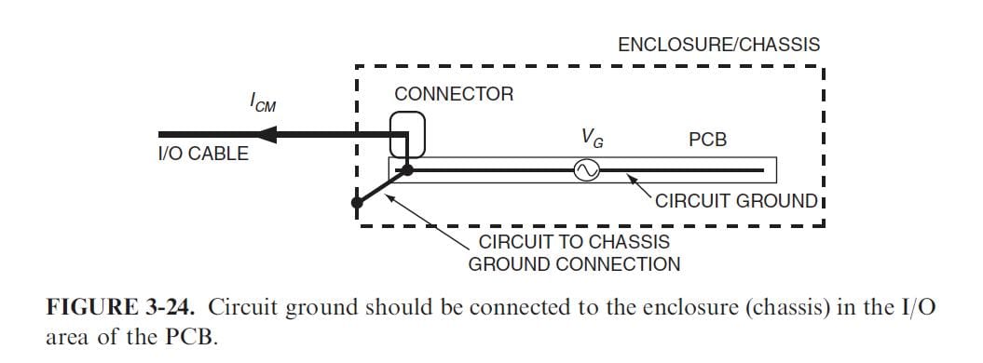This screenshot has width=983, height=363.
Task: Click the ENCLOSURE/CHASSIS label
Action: (x=718, y=45)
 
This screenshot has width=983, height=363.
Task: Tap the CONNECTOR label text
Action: (x=454, y=95)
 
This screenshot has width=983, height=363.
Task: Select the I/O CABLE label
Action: (x=203, y=155)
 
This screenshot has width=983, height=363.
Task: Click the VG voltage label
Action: (x=591, y=138)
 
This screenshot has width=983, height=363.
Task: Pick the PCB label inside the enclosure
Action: (x=707, y=141)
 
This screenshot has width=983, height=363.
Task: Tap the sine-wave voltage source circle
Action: (x=588, y=170)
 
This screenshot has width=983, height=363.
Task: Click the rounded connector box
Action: (x=407, y=133)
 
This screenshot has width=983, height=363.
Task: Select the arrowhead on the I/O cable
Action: (x=271, y=135)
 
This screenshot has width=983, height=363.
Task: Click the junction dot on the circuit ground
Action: (x=408, y=170)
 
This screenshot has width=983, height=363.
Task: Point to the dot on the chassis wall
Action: (x=358, y=202)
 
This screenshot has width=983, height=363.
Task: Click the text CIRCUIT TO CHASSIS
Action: (x=574, y=242)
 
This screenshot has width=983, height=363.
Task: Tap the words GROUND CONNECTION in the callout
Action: (x=574, y=264)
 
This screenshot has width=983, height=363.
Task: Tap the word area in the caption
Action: (x=68, y=337)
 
